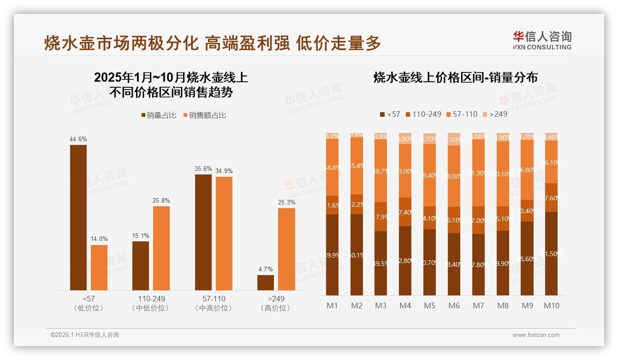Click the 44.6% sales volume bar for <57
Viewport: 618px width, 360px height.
tap(78, 217)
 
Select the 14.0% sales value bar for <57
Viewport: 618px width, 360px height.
tap(99, 267)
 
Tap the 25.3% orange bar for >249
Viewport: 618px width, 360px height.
tap(286, 249)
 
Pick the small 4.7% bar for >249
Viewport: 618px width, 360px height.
tap(266, 282)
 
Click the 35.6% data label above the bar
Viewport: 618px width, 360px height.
tap(203, 169)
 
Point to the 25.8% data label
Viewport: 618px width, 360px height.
tap(161, 200)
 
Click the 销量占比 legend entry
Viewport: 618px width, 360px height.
tap(159, 115)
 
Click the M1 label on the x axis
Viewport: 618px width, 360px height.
tap(332, 306)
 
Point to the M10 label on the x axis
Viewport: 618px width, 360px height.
tap(552, 306)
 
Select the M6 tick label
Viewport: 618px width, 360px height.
tap(454, 306)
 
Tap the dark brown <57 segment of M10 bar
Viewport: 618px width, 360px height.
tap(551, 253)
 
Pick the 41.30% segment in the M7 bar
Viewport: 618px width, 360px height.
tap(478, 173)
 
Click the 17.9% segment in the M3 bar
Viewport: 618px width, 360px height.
tap(381, 216)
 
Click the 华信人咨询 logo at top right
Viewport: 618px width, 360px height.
tap(542, 40)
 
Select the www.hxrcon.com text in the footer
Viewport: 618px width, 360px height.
tap(536, 335)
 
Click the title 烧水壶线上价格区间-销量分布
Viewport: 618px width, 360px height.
tap(456, 78)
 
